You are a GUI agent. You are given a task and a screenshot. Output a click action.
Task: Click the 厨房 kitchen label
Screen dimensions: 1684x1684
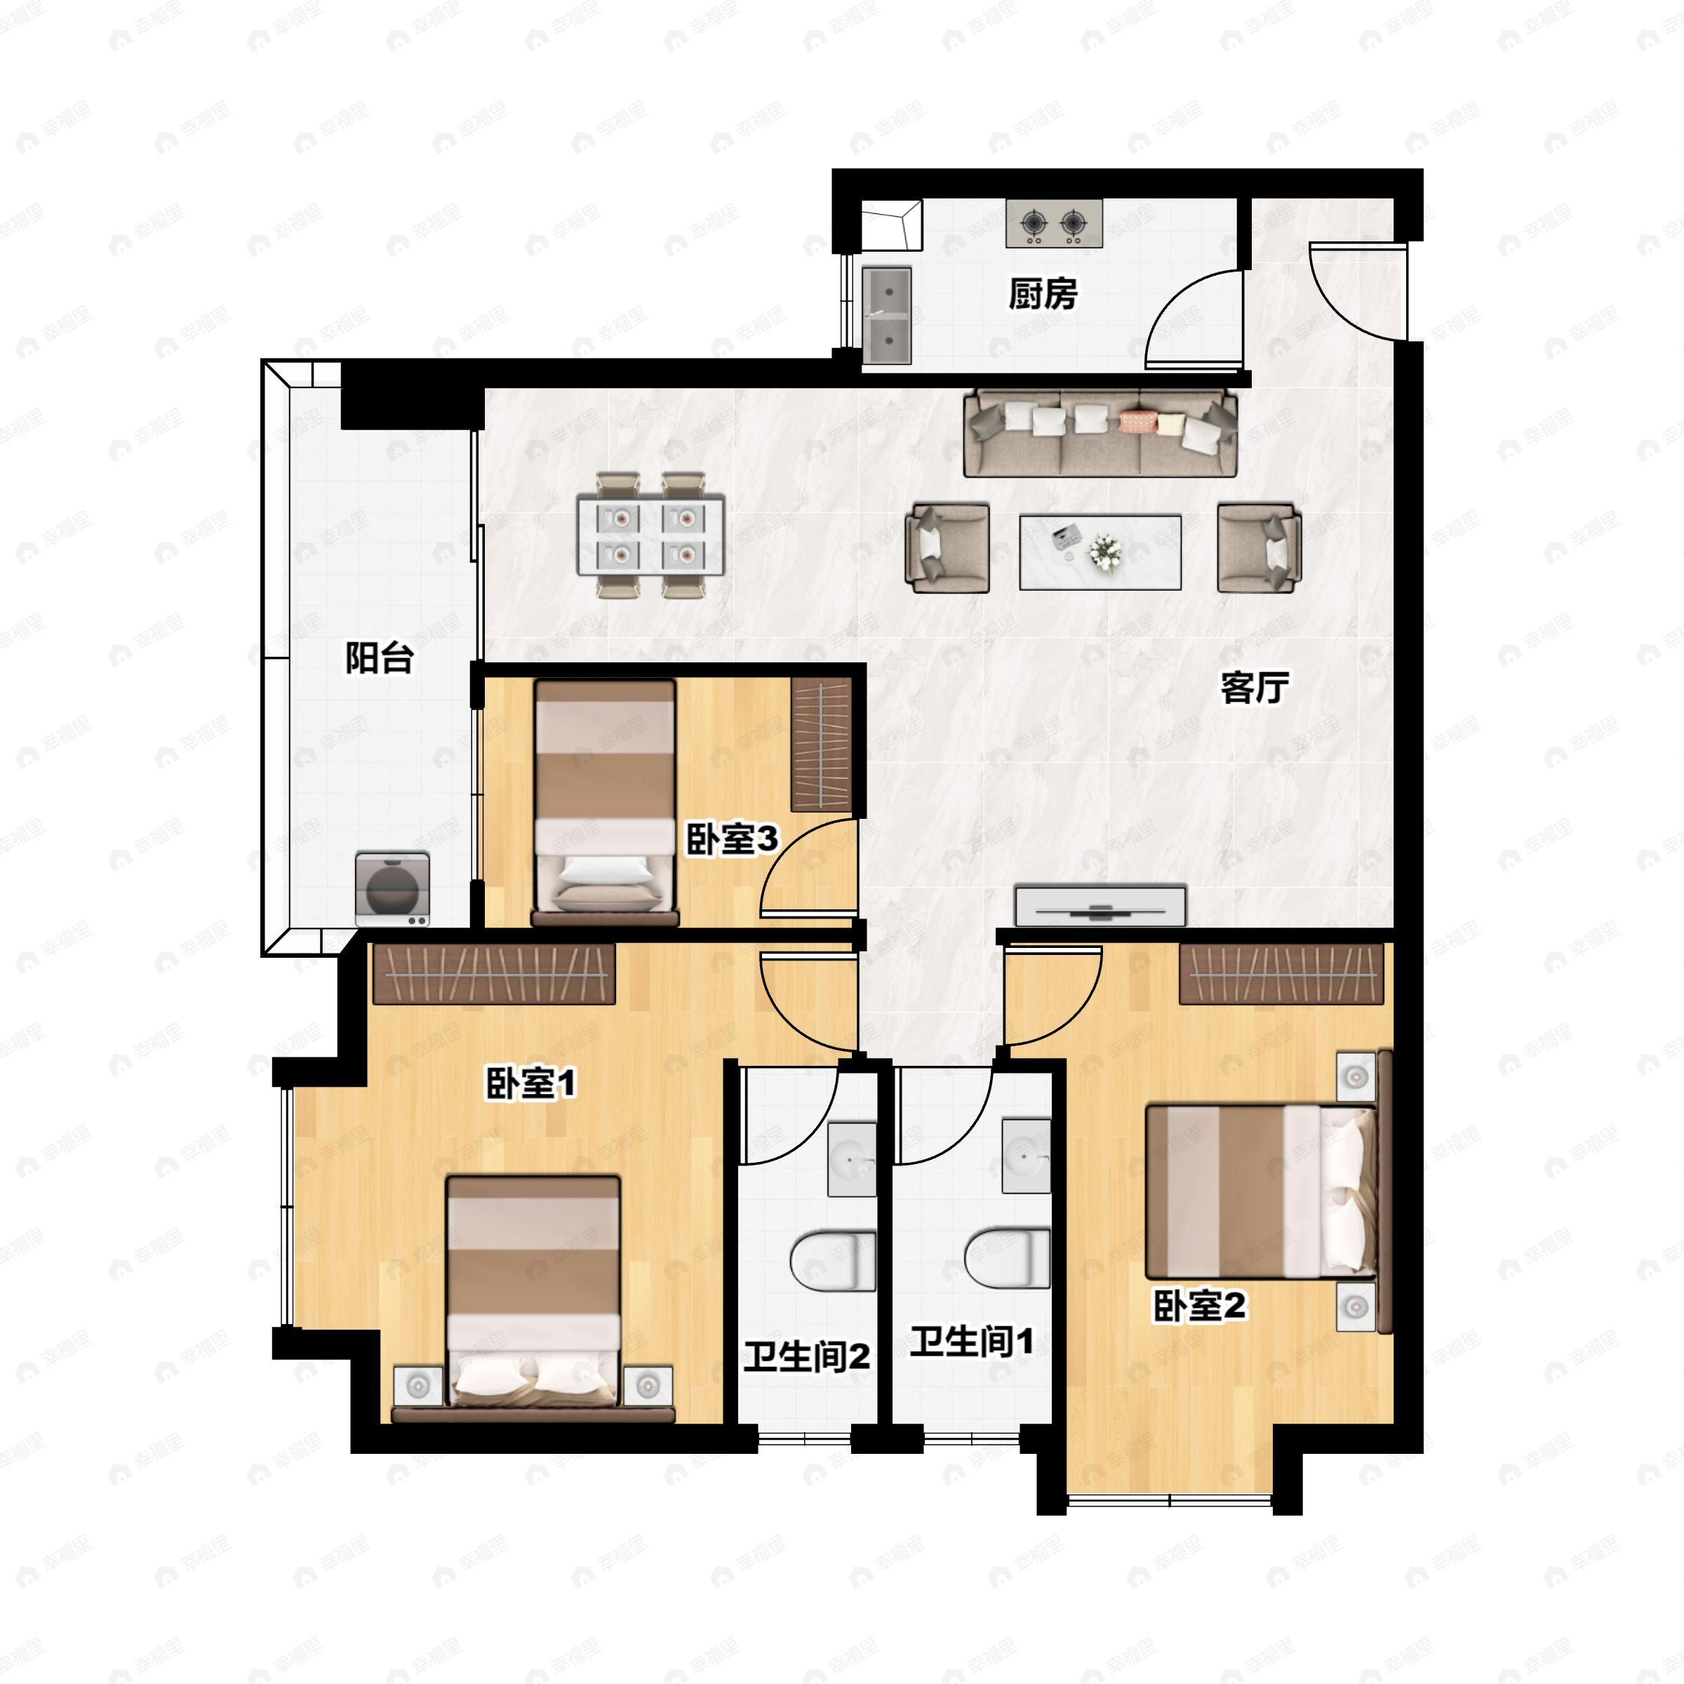[1043, 295]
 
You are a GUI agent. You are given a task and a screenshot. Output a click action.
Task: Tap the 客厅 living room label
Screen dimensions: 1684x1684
[1255, 688]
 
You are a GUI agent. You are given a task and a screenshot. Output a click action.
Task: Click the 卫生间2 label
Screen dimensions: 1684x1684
[806, 1356]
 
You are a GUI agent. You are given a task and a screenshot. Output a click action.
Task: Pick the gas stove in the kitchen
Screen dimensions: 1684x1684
[1054, 223]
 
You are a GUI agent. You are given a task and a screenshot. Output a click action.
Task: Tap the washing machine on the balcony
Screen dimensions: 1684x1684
[392, 890]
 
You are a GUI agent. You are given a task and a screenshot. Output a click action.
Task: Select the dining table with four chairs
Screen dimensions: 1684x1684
[651, 535]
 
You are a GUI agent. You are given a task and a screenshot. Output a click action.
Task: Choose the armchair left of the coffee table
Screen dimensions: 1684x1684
[947, 547]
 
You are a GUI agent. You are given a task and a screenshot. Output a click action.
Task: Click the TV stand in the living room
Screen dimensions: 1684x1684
[1100, 907]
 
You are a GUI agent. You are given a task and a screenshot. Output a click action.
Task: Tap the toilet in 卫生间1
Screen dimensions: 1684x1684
[1007, 1258]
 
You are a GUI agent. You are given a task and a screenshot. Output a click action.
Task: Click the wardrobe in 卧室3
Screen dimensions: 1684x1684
[821, 745]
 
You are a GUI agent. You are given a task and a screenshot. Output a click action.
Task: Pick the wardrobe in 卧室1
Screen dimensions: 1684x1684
[494, 974]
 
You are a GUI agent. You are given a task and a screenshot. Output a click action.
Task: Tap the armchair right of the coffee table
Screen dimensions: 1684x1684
[1259, 547]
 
